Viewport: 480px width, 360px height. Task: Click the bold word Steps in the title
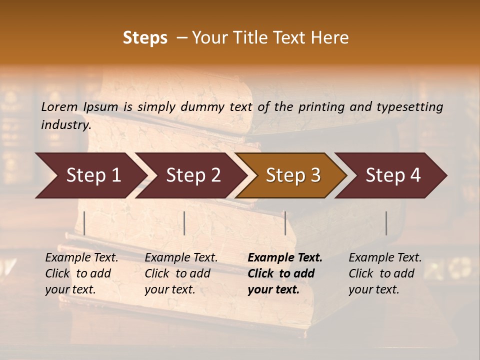145,38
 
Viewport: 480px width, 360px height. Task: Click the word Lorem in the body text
59,106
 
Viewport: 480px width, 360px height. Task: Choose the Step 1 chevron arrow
90,175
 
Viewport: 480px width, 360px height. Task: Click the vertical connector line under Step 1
84,223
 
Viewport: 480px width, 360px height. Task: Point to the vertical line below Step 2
184,223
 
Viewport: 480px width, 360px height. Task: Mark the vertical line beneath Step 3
285,223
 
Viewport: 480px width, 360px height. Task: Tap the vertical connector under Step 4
386,223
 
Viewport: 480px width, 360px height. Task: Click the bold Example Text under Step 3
285,258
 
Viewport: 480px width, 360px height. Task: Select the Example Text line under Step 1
81,258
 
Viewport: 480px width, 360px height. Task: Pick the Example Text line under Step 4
385,258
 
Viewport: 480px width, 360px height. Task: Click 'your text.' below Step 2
169,289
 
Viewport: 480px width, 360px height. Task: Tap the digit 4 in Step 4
415,175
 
